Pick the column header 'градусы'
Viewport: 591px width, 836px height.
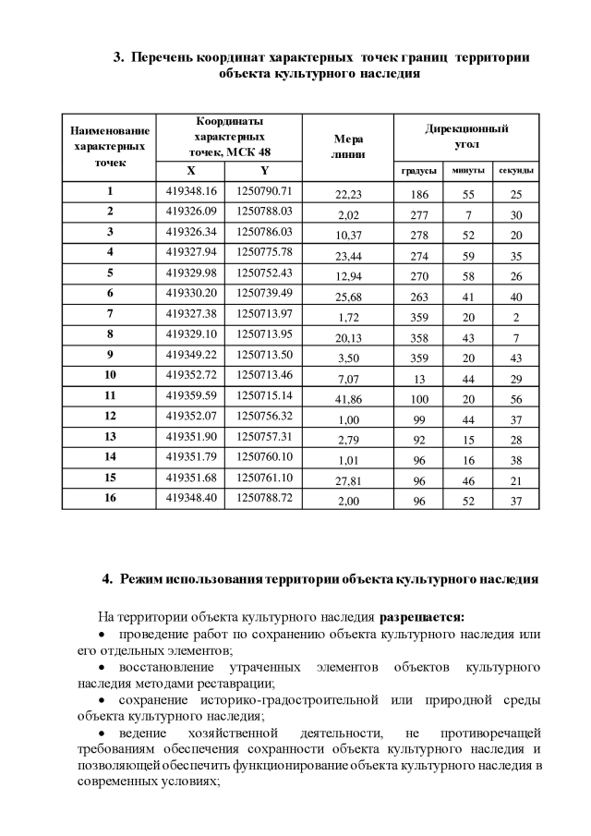click(418, 171)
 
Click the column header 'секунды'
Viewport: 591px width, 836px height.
click(516, 171)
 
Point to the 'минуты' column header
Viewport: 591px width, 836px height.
click(467, 171)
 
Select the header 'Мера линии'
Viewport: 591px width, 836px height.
click(348, 145)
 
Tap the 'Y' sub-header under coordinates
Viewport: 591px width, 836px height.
click(264, 171)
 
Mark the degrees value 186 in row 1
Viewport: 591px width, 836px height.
click(418, 194)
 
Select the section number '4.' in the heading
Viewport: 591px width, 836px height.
click(107, 580)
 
